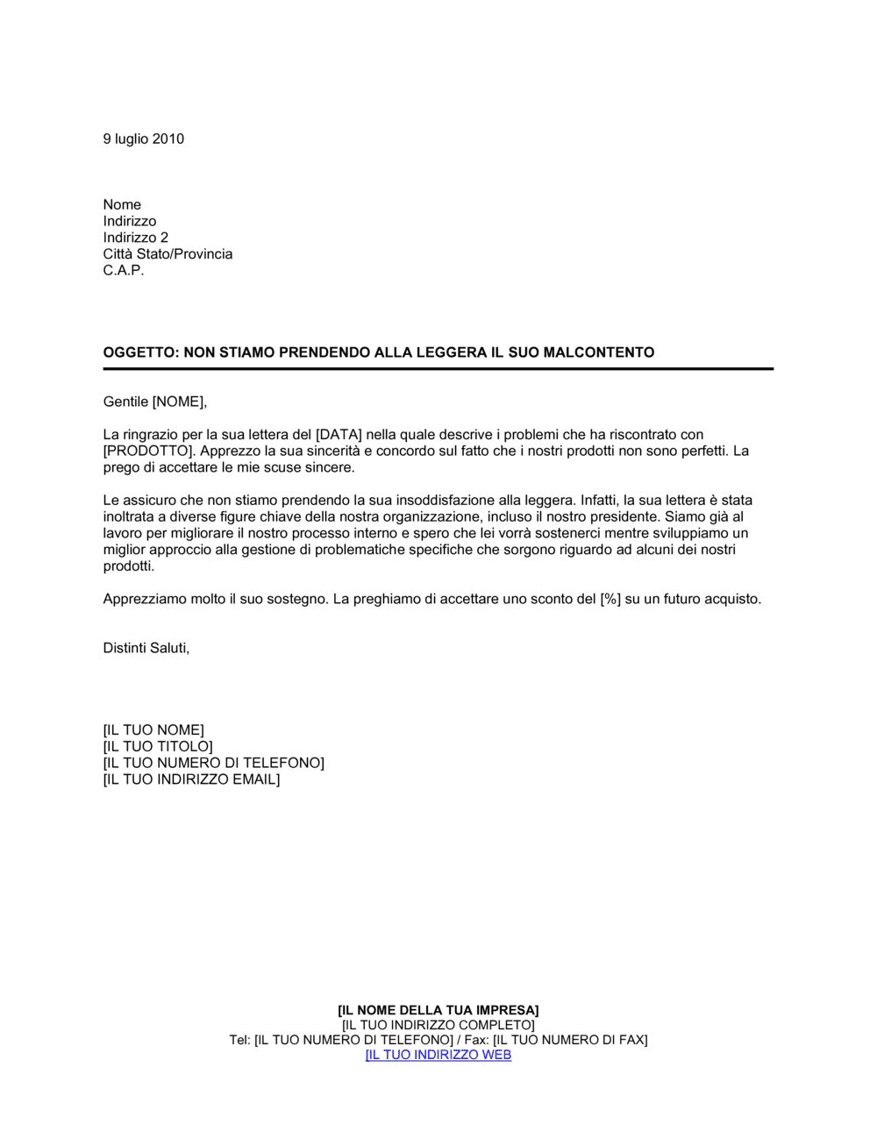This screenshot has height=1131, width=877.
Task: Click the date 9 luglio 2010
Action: pos(143,139)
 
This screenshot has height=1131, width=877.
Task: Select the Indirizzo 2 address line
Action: pos(135,238)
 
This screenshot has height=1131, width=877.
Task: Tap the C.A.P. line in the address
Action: pos(124,270)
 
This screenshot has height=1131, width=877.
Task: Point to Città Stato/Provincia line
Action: pos(168,254)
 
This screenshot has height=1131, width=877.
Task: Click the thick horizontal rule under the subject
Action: pos(438,369)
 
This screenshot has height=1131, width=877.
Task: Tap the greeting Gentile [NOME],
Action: pos(155,402)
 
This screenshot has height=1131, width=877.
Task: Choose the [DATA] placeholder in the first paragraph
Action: pos(339,435)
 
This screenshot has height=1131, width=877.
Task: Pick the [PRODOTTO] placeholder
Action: pos(147,452)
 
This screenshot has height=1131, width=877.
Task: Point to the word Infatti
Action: pos(600,501)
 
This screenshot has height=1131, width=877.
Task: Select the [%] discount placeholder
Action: pos(610,600)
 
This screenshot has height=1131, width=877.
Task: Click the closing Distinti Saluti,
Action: pos(146,648)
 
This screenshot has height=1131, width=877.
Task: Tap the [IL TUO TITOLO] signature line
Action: pos(158,747)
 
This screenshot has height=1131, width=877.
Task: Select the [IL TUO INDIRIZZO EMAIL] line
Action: pos(191,779)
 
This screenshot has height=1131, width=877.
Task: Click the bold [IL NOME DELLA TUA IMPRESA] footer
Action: pos(438,1010)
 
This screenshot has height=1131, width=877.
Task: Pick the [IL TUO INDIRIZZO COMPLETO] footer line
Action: pos(438,1025)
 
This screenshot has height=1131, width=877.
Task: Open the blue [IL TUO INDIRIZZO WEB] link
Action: pos(438,1055)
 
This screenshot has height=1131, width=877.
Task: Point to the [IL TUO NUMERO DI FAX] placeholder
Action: pos(570,1040)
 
